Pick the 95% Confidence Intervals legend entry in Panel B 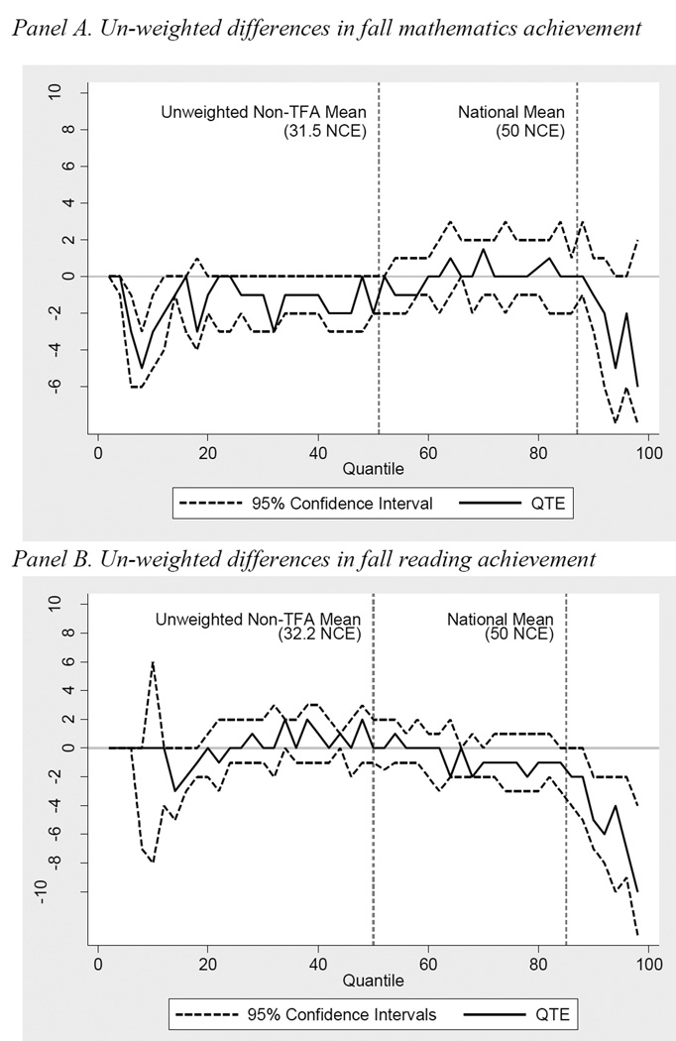(308, 1013)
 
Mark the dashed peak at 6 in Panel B (153, 661)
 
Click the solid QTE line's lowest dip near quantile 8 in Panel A (142, 368)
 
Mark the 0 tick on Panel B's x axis (97, 964)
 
